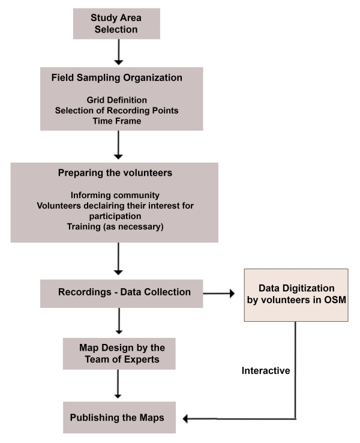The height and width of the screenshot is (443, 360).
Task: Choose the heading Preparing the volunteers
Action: click(x=115, y=173)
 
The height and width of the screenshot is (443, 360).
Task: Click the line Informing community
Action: click(x=115, y=195)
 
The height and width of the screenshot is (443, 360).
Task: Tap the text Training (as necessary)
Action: click(x=115, y=228)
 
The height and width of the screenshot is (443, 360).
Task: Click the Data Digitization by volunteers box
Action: click(x=296, y=294)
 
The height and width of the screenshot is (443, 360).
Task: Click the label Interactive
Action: click(x=266, y=370)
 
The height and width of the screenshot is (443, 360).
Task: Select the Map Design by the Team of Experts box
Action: click(x=119, y=353)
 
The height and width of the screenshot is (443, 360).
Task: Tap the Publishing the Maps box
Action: click(x=119, y=417)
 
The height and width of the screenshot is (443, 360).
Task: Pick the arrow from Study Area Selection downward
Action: click(x=118, y=53)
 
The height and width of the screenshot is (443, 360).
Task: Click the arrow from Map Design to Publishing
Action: click(x=118, y=385)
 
